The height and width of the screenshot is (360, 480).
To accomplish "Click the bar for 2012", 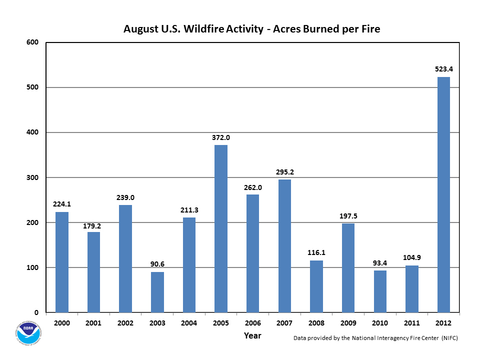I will (x=443, y=194).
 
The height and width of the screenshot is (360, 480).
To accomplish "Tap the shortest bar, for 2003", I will (x=157, y=292).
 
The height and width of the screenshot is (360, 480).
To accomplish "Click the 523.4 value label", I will (x=443, y=69).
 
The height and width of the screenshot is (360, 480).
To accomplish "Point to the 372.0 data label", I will (x=221, y=137).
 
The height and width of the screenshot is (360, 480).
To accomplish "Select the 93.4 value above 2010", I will (x=380, y=263).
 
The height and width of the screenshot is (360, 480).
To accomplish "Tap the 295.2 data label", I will (x=284, y=172).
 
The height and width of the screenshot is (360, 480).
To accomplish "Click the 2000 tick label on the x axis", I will (x=62, y=323).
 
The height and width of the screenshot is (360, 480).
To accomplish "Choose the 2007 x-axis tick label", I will (x=284, y=323).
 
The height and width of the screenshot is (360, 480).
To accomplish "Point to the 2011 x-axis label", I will (x=411, y=323).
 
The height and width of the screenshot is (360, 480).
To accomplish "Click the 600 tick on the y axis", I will (x=33, y=42).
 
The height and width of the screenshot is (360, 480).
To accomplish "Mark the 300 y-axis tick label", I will (x=33, y=177).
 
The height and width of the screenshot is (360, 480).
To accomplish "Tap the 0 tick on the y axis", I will (x=37, y=312).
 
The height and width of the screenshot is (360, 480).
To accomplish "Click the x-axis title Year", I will (x=252, y=336).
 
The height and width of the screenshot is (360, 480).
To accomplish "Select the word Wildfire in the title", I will (x=204, y=29).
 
